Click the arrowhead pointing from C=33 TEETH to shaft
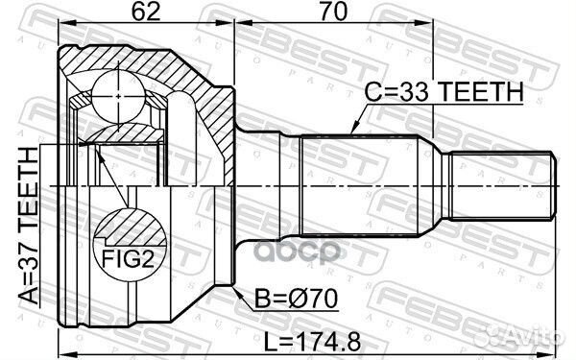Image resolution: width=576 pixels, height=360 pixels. click(354, 130)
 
